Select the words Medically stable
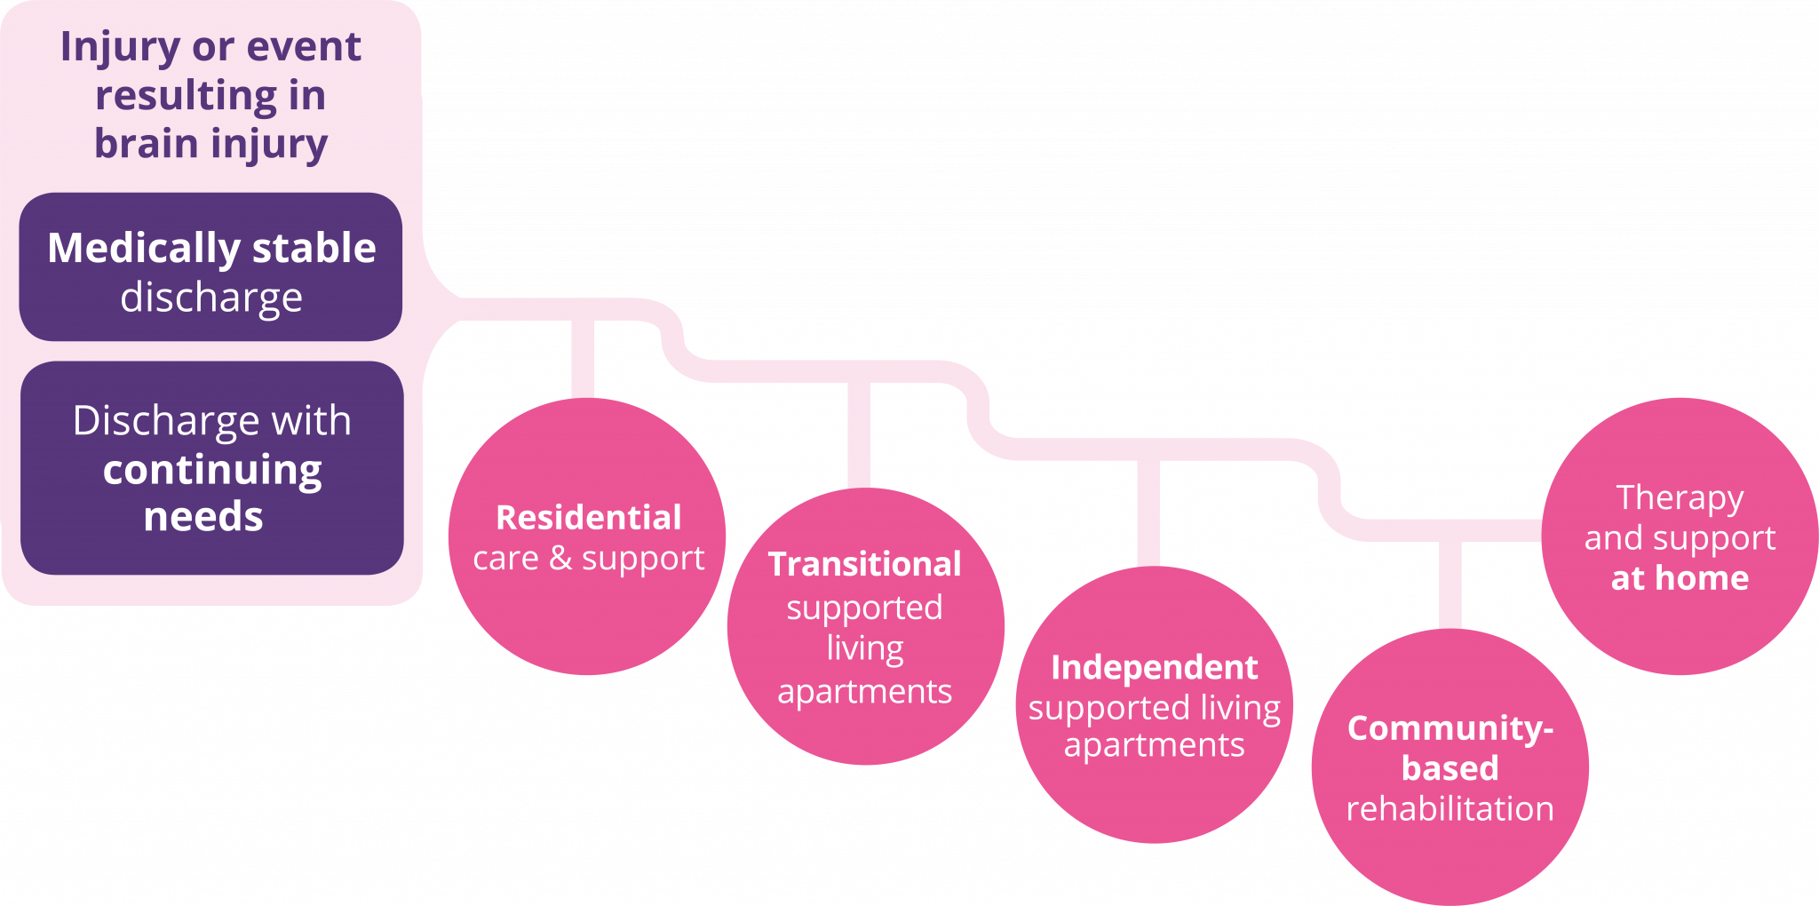click(211, 248)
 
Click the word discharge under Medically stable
click(211, 298)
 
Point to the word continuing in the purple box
click(212, 470)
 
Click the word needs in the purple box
click(203, 517)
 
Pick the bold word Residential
click(589, 518)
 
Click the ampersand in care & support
click(560, 559)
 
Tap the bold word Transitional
click(865, 565)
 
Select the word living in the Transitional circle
click(865, 648)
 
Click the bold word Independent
click(1155, 668)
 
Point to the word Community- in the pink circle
click(1450, 728)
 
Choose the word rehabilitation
click(1450, 809)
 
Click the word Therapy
click(1680, 498)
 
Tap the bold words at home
click(1680, 578)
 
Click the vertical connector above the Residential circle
click(583, 359)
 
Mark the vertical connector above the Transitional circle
click(859, 434)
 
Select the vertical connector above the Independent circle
click(1148, 513)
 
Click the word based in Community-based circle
click(1450, 768)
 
